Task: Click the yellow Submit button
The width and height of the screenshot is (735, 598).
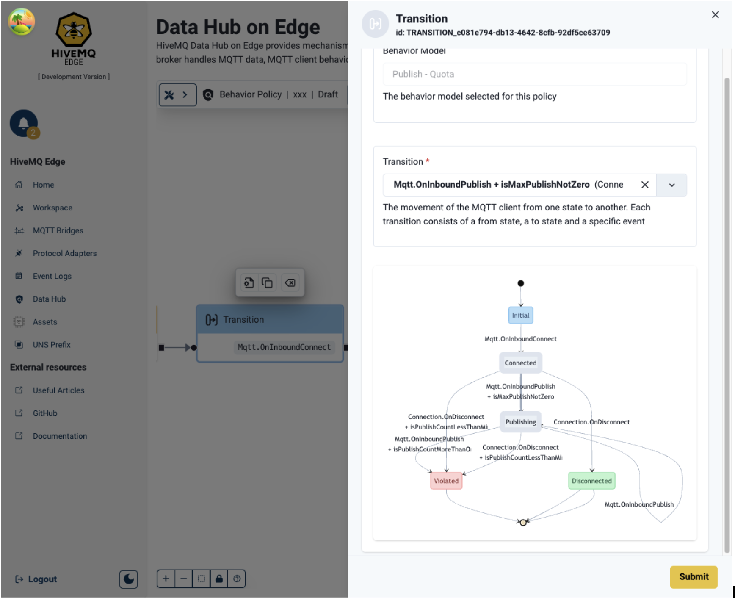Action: coord(693,576)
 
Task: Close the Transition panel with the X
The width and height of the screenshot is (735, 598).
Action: coord(715,15)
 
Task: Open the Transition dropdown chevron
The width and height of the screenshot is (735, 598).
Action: coord(671,185)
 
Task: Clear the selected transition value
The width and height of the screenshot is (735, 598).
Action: coord(644,185)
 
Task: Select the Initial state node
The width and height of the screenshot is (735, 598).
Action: coord(520,316)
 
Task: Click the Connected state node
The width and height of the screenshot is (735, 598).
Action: coord(520,363)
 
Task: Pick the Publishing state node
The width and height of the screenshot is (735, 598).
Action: coord(520,422)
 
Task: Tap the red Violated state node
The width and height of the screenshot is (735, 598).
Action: coord(446,481)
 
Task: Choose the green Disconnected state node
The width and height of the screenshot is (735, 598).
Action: coord(591,481)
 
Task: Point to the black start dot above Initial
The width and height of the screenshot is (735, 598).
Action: coord(521,283)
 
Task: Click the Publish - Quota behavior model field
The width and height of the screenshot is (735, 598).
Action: coord(534,74)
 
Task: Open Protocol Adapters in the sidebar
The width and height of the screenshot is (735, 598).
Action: coord(64,253)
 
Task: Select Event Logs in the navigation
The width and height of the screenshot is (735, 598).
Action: coord(52,276)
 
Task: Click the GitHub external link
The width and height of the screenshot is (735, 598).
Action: coord(45,413)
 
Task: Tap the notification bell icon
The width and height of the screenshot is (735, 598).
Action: coord(24,123)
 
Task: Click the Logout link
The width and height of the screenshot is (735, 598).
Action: coord(42,579)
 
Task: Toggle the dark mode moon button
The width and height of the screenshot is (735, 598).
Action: coord(129,579)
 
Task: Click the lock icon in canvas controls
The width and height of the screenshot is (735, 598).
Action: coord(219,579)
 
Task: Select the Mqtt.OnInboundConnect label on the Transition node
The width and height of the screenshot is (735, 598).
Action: coord(284,347)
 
